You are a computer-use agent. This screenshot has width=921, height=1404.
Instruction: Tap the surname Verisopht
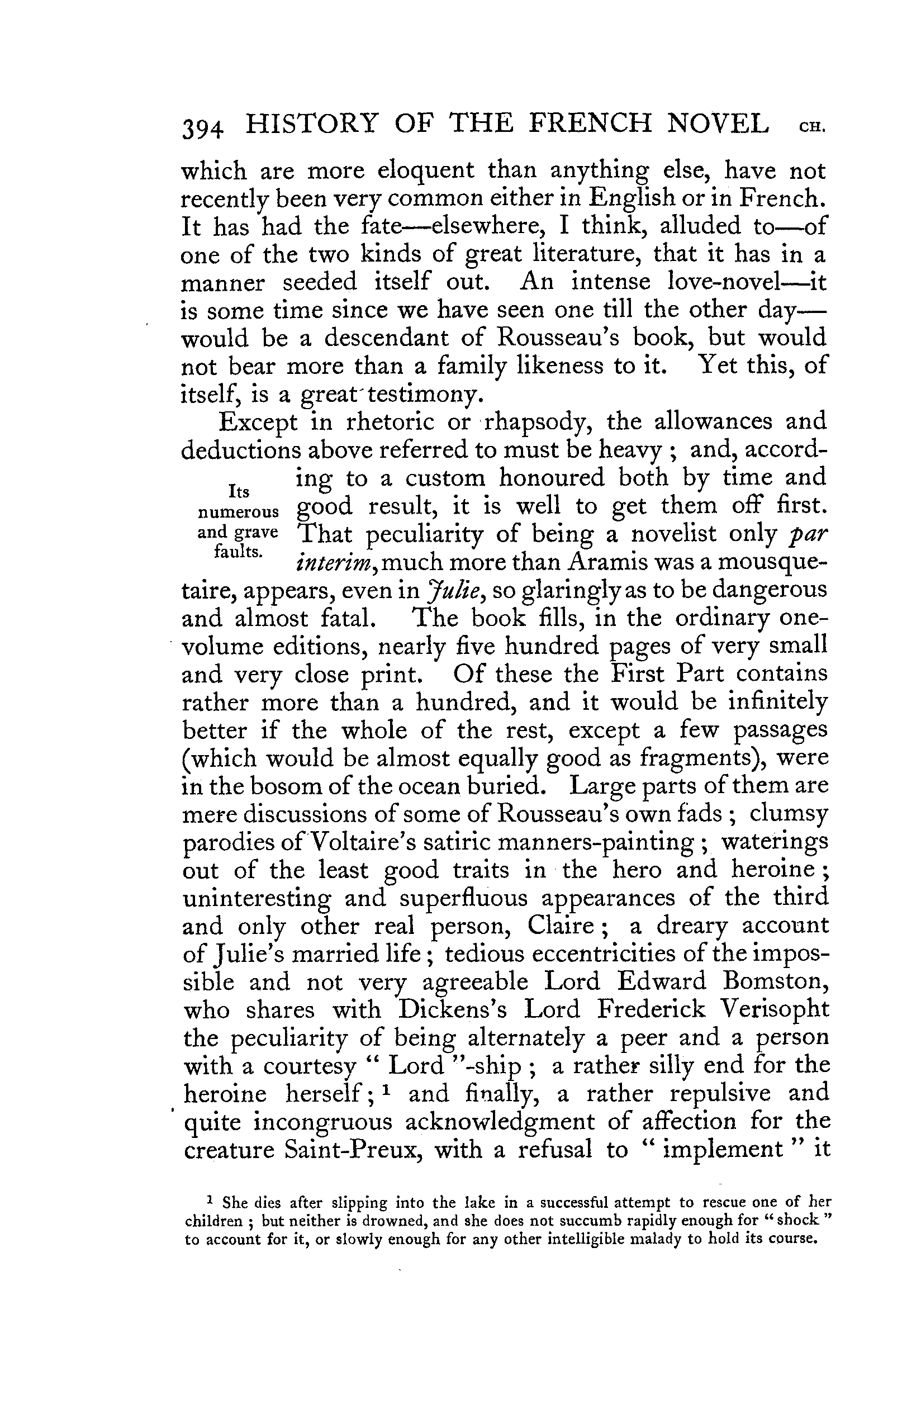click(775, 1011)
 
